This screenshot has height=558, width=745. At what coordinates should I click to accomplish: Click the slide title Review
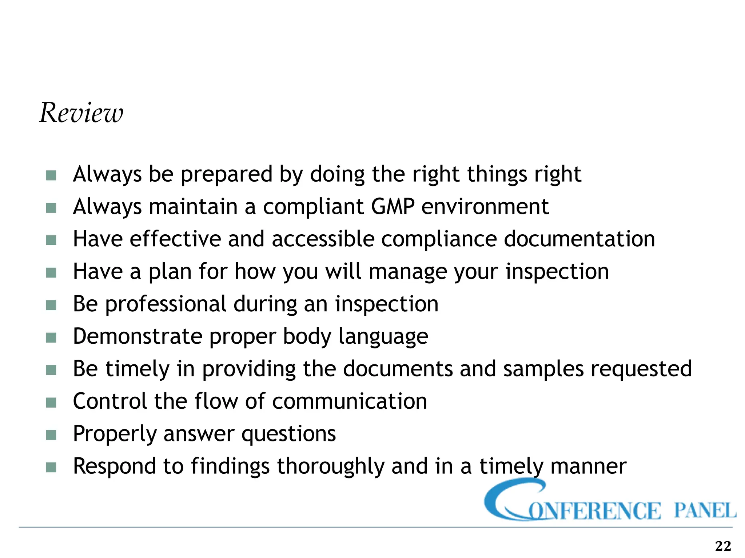click(x=81, y=113)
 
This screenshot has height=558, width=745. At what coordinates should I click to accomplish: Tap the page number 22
click(x=723, y=546)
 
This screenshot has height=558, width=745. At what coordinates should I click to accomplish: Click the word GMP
click(x=393, y=207)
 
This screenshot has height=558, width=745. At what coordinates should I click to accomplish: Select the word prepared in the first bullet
click(x=226, y=174)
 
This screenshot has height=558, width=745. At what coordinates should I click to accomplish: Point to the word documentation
click(x=579, y=239)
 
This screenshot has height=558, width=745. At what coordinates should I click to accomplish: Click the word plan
click(x=170, y=272)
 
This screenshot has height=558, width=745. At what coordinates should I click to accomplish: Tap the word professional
click(x=166, y=304)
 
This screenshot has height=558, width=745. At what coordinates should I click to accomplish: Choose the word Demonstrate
click(x=138, y=336)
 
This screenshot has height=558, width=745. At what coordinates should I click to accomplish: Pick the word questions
click(x=288, y=434)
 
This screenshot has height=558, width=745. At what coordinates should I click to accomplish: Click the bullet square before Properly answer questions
click(x=51, y=435)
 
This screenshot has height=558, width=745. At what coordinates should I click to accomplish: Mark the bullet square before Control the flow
click(x=51, y=403)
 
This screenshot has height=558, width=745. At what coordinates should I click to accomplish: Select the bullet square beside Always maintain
click(x=51, y=208)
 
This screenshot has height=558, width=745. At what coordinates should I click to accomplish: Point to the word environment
click(x=485, y=207)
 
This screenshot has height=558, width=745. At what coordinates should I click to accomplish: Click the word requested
click(x=641, y=369)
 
